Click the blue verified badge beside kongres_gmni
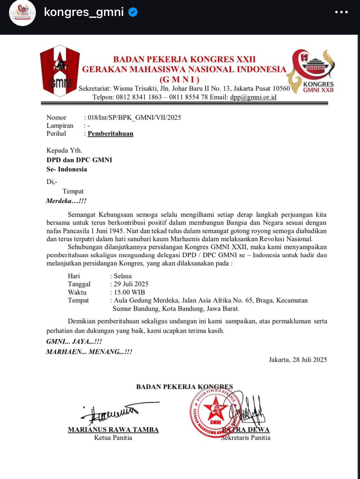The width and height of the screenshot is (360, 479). click(x=133, y=12)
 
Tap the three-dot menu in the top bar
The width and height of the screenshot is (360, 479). click(x=341, y=12)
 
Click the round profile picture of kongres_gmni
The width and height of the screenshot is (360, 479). click(x=22, y=13)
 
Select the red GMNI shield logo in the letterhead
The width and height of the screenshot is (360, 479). click(x=60, y=71)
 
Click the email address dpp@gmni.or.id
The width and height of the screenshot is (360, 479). click(x=253, y=97)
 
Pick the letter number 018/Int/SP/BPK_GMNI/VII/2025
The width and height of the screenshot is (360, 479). click(x=134, y=117)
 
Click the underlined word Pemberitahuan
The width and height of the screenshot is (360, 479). click(x=110, y=133)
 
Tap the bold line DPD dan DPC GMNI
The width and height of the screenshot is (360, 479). click(x=79, y=160)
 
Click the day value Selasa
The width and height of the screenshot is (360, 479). click(x=123, y=276)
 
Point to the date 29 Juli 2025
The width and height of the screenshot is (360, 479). click(x=131, y=284)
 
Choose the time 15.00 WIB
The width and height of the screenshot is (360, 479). click(x=129, y=292)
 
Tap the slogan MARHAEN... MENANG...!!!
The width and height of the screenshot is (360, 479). click(x=89, y=352)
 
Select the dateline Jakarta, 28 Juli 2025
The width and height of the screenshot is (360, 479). click(x=298, y=360)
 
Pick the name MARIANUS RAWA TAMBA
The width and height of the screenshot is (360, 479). click(x=113, y=429)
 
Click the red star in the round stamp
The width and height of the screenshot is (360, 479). click(x=215, y=409)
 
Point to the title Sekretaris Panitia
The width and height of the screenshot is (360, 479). click(x=246, y=438)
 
